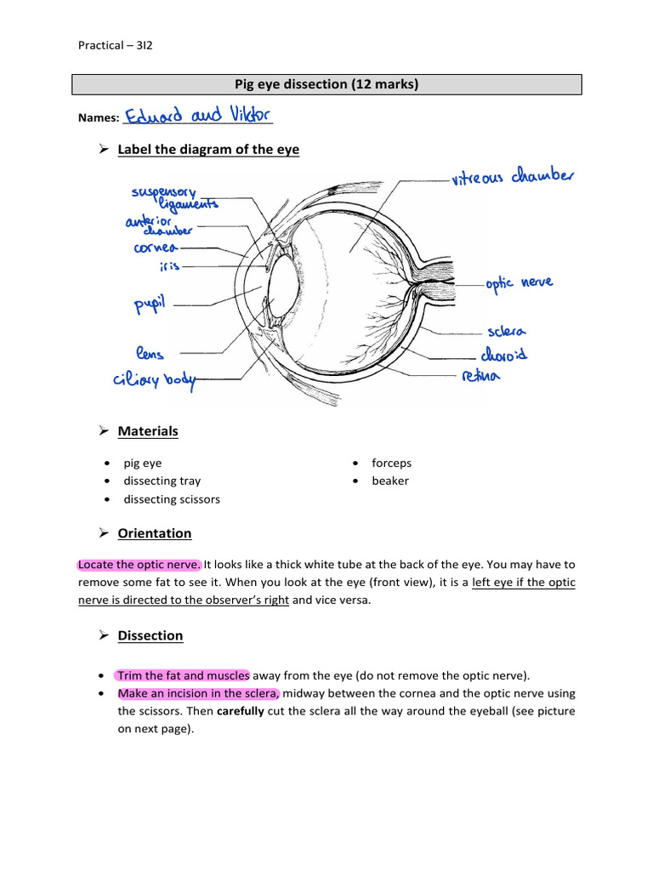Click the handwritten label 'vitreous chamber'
pos(513,178)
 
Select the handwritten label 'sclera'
pos(508,330)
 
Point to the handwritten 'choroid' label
pos(503,352)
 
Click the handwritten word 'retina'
pos(481,374)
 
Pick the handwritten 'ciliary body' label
pos(153,380)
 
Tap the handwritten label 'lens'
pos(149,352)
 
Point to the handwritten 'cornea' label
pos(156,248)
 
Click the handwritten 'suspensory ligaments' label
pos(174,198)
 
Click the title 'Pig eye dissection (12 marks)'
pos(326,84)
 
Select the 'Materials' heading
pos(148,431)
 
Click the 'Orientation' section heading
pos(155,533)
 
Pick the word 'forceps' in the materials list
pos(391,463)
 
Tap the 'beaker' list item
pos(389,481)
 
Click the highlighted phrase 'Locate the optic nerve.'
pos(139,564)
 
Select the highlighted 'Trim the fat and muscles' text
pos(183,675)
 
